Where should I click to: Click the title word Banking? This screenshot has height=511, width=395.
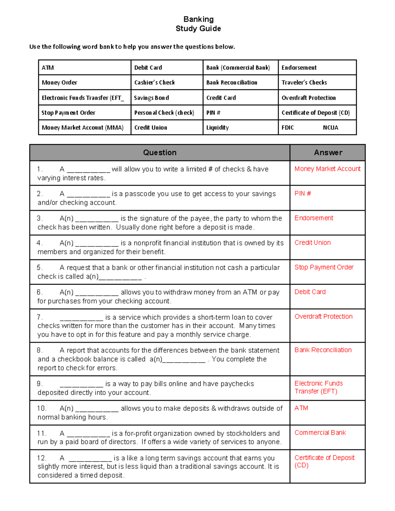(x=198, y=19)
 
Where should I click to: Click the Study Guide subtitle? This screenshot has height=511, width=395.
(x=198, y=29)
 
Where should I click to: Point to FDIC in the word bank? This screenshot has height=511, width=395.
(x=288, y=128)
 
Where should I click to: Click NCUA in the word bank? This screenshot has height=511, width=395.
(x=330, y=128)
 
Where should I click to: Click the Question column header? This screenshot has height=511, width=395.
(x=160, y=153)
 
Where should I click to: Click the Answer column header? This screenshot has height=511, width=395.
(x=328, y=153)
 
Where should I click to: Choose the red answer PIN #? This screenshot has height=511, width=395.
(x=303, y=193)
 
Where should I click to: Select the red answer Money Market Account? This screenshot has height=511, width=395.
(x=328, y=169)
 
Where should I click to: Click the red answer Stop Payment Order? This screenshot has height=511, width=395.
(x=324, y=267)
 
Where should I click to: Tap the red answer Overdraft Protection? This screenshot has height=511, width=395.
(x=323, y=317)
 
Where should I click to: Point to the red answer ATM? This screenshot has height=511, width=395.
(x=301, y=408)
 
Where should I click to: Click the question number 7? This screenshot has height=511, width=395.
(x=39, y=317)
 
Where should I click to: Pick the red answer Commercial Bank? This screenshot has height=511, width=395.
(x=320, y=433)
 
